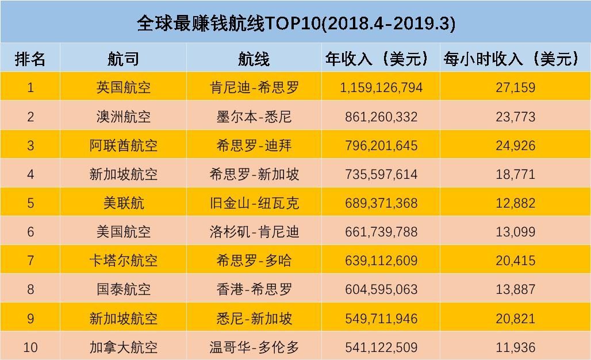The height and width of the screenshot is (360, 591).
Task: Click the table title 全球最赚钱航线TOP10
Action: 295,23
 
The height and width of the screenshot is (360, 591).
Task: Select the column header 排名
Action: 30,59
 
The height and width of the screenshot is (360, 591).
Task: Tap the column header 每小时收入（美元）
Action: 515,59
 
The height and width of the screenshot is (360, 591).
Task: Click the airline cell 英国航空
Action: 123,88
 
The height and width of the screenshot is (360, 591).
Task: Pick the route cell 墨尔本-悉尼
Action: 254,117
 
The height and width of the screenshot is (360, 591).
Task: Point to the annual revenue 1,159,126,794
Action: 381,88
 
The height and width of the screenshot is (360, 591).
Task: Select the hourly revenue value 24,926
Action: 515,145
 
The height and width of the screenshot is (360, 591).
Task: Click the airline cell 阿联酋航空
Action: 123,145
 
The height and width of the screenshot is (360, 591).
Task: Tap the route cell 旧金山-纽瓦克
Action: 254,203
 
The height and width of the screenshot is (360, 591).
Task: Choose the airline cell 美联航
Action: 123,203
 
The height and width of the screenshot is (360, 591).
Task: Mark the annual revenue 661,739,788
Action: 381,232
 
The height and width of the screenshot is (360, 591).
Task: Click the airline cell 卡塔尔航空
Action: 123,261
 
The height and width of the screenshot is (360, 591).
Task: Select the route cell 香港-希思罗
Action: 254,289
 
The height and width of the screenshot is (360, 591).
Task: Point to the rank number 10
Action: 30,347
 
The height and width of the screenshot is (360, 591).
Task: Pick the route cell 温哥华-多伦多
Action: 254,347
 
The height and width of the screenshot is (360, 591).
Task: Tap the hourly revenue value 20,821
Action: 515,318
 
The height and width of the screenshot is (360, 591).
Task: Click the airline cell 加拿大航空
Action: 123,347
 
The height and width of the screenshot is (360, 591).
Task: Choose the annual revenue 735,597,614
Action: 381,174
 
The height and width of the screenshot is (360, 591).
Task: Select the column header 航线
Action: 254,59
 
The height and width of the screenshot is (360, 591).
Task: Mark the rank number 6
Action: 30,232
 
